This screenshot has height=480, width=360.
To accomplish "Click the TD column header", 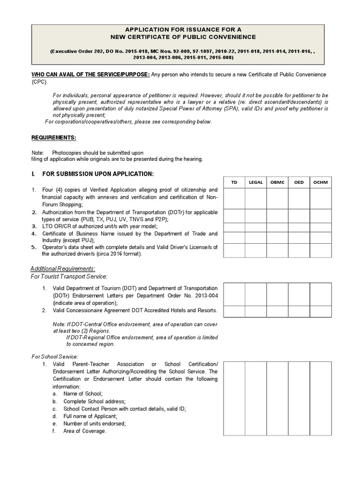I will pos(234,182).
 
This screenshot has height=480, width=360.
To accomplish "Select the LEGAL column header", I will pos(256,182).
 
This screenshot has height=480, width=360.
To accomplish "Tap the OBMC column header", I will pos(277,182).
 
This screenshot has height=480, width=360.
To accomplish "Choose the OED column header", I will pos(299,182).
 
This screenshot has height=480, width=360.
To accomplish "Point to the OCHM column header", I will pos(321,182).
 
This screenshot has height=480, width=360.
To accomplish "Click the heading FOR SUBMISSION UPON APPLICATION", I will pos(97,174).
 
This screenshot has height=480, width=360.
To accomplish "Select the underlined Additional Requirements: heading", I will pos(63,269).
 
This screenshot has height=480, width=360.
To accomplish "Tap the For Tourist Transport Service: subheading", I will pos(69,277).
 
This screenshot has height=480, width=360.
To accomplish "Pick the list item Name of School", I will pos(82,394).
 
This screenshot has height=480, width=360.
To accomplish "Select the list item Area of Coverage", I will pos(84,431).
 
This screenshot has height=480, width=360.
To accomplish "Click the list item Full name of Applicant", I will pos(90,416).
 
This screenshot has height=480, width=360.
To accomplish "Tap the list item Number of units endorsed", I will pos(94,423).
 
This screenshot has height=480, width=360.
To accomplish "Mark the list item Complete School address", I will pos(94,401).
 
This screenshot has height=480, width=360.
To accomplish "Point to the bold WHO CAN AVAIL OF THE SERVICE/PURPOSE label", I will pos(90,75).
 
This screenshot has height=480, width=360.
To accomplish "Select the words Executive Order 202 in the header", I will pos(76,50).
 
